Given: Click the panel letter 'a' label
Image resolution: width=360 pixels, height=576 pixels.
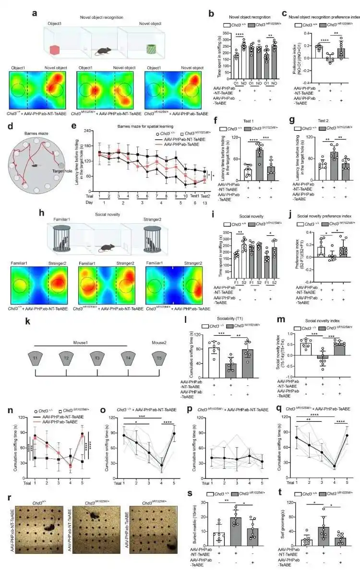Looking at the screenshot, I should [35, 12].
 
